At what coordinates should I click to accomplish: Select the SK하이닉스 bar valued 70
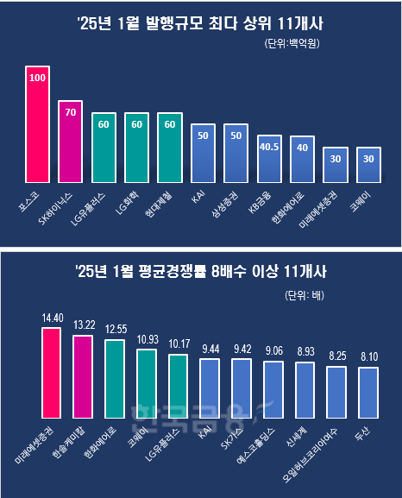coord(70,138)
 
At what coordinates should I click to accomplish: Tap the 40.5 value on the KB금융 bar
coord(269,147)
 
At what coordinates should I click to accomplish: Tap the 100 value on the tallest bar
coord(37,78)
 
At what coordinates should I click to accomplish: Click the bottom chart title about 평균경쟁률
coord(199,274)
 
